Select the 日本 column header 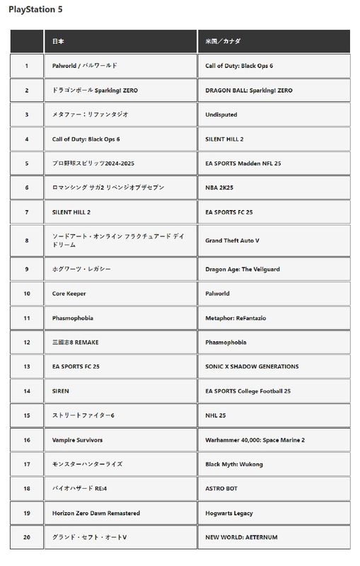tap(59, 42)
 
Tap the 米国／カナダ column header tap(223, 42)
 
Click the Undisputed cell tap(221, 115)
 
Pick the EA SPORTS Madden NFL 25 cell tap(243, 163)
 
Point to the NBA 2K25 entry tap(219, 187)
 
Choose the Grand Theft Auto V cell tap(232, 241)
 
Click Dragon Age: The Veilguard tap(243, 270)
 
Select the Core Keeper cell tap(69, 294)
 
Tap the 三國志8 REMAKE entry tap(75, 342)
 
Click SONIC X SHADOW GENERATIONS tap(252, 366)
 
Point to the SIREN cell tap(61, 391)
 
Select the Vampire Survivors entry tap(78, 440)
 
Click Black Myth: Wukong tap(234, 464)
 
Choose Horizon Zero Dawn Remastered tap(96, 513)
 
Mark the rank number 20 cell tap(27, 537)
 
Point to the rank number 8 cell tap(27, 241)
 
